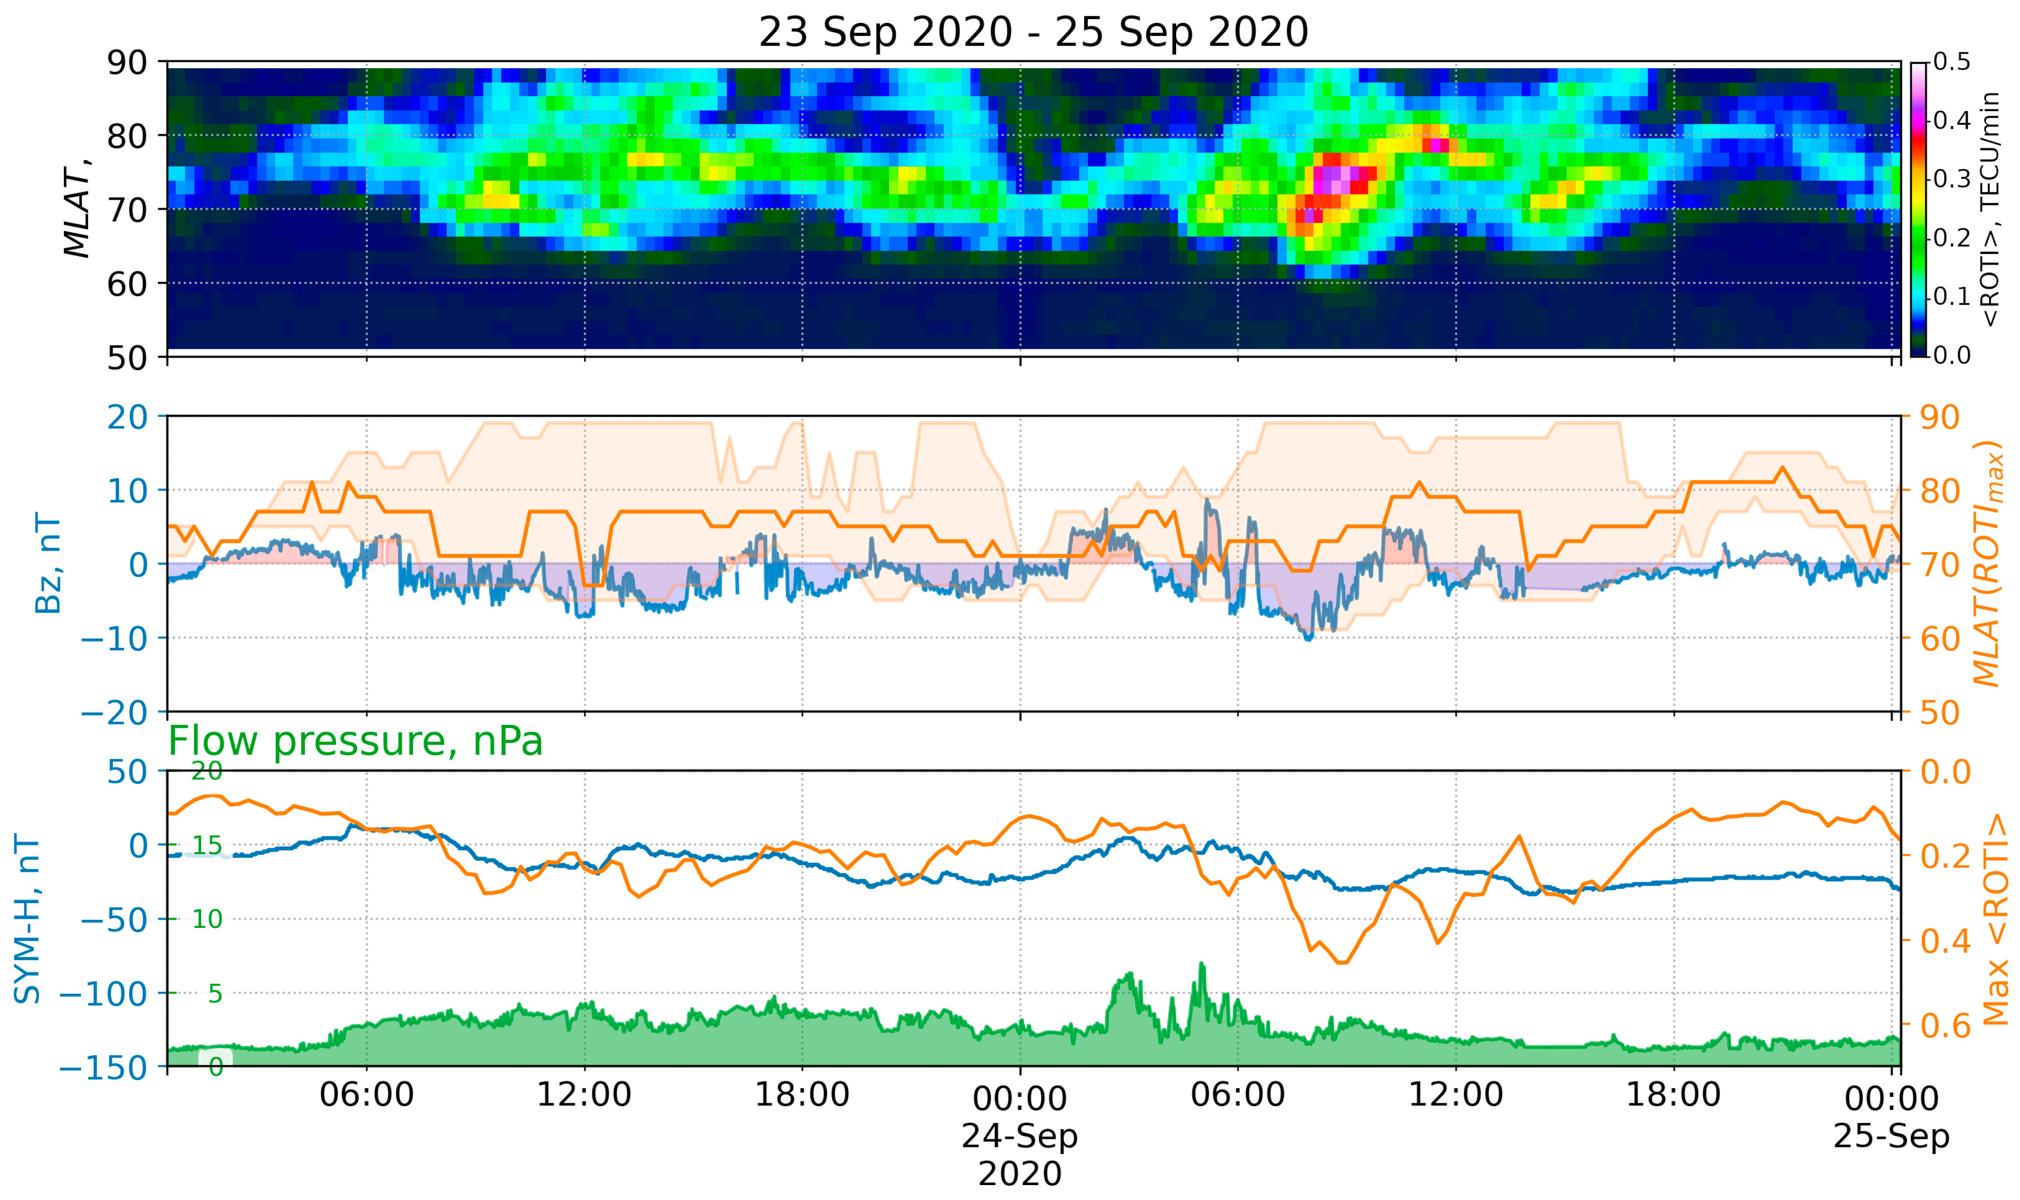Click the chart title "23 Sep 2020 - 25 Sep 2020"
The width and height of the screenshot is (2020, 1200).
point(1033,32)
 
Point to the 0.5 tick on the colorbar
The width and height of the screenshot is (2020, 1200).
point(1951,62)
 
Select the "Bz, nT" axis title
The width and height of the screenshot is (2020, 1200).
point(49,564)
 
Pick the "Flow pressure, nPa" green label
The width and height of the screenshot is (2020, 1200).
point(355,741)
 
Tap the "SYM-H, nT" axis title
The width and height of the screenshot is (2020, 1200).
point(28,919)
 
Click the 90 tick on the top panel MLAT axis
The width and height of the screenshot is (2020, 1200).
point(127,62)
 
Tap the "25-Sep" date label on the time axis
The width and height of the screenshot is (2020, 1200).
point(1891,1136)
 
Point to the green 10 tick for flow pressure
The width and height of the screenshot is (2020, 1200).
point(207,919)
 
